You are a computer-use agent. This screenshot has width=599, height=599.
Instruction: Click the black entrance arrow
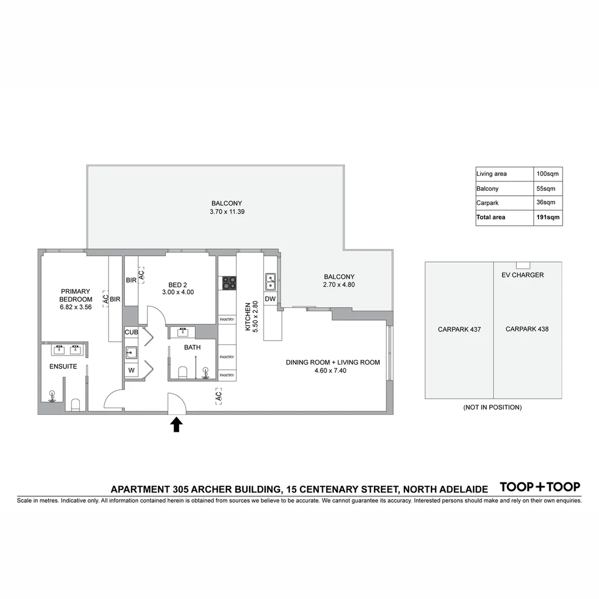pos(176,425)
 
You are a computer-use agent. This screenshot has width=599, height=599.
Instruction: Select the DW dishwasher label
pos(270,299)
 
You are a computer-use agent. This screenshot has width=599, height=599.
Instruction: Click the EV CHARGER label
pos(522,275)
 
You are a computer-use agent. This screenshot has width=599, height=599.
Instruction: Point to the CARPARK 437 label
pos(459,329)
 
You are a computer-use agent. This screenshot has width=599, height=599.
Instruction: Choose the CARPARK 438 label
pos(527,329)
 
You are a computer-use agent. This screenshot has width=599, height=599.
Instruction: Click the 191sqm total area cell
pos(547,217)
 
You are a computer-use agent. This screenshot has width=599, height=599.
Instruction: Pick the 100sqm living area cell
pos(547,174)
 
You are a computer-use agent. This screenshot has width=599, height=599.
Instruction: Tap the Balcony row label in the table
pos(488,189)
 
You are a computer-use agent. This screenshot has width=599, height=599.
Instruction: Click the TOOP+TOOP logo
pos(540,487)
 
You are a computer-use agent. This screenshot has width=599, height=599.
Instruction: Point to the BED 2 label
pos(177,285)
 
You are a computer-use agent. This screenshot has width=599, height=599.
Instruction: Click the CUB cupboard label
pos(131,332)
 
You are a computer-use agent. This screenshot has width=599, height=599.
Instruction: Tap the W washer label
pos(131,370)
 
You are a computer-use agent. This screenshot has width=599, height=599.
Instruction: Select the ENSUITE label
pos(63,367)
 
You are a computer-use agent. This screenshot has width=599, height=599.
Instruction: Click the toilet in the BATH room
pos(182,372)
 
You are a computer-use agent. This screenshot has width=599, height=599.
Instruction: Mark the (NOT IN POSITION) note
pos(493,407)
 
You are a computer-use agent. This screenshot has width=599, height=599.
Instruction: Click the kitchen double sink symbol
pos(271,282)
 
